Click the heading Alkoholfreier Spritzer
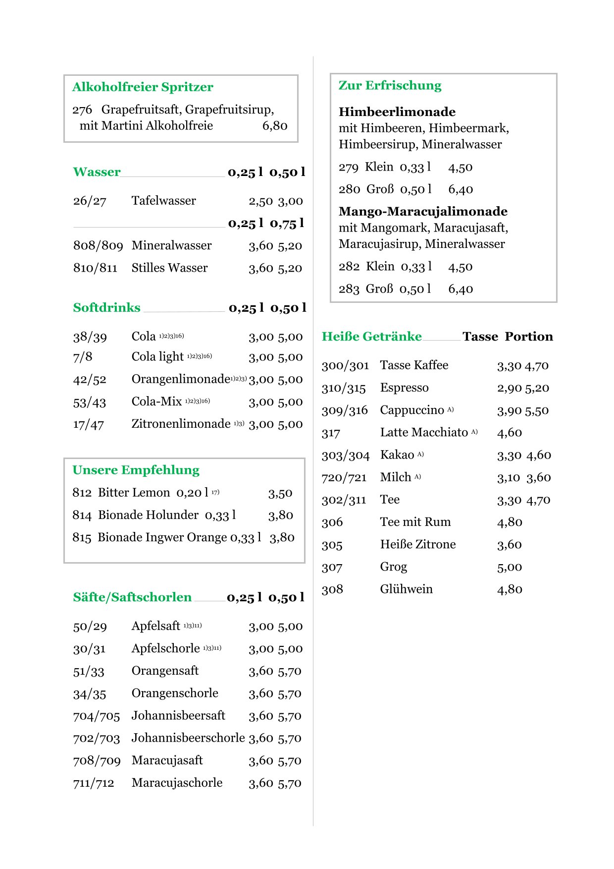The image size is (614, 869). [x=143, y=87]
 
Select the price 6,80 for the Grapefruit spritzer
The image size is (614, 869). [x=275, y=126]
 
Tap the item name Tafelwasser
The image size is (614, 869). [x=163, y=201]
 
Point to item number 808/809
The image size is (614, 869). [x=98, y=246]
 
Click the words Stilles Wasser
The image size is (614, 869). [x=169, y=268]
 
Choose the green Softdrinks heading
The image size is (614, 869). [x=106, y=308]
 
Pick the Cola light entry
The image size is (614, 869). [x=157, y=357]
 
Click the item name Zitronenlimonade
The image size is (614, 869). [x=181, y=424]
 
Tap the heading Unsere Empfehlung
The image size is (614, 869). [x=136, y=470]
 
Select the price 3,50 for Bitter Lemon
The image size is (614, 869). [x=280, y=493]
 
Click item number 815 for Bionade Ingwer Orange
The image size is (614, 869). [x=82, y=537]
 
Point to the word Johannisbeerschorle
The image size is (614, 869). [x=188, y=738]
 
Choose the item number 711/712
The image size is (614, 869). [x=94, y=783]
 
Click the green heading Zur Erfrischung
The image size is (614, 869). [x=390, y=86]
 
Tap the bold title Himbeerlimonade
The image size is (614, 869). [x=397, y=112]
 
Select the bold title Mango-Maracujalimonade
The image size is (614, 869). [x=423, y=212]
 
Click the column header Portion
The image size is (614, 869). [x=529, y=337]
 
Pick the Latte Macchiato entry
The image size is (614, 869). [x=424, y=433]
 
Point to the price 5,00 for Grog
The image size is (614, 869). [x=510, y=567]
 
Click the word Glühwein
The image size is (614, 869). [x=406, y=589]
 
